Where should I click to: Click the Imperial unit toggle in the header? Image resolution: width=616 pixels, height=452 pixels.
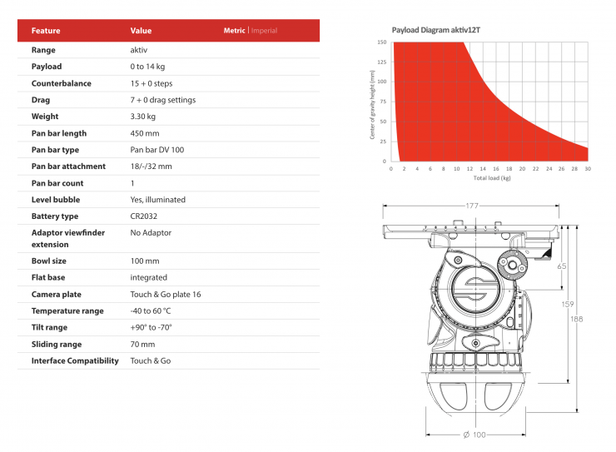tap(264, 31)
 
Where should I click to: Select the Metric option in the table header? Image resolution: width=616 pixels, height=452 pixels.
tap(235, 30)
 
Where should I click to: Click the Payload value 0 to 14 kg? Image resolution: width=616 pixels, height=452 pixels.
tap(147, 67)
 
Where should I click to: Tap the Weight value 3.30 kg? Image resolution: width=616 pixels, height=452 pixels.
tap(143, 117)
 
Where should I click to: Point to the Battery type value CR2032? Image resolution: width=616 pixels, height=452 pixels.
tap(144, 216)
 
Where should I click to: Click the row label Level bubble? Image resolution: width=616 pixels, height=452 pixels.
tap(56, 200)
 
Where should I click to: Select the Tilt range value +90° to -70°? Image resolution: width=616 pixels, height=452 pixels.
tap(152, 327)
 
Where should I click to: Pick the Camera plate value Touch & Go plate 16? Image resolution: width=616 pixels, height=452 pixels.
tap(166, 294)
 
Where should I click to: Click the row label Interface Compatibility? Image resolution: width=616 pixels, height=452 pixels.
tap(75, 360)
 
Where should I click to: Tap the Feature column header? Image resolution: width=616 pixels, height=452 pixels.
tap(46, 31)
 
